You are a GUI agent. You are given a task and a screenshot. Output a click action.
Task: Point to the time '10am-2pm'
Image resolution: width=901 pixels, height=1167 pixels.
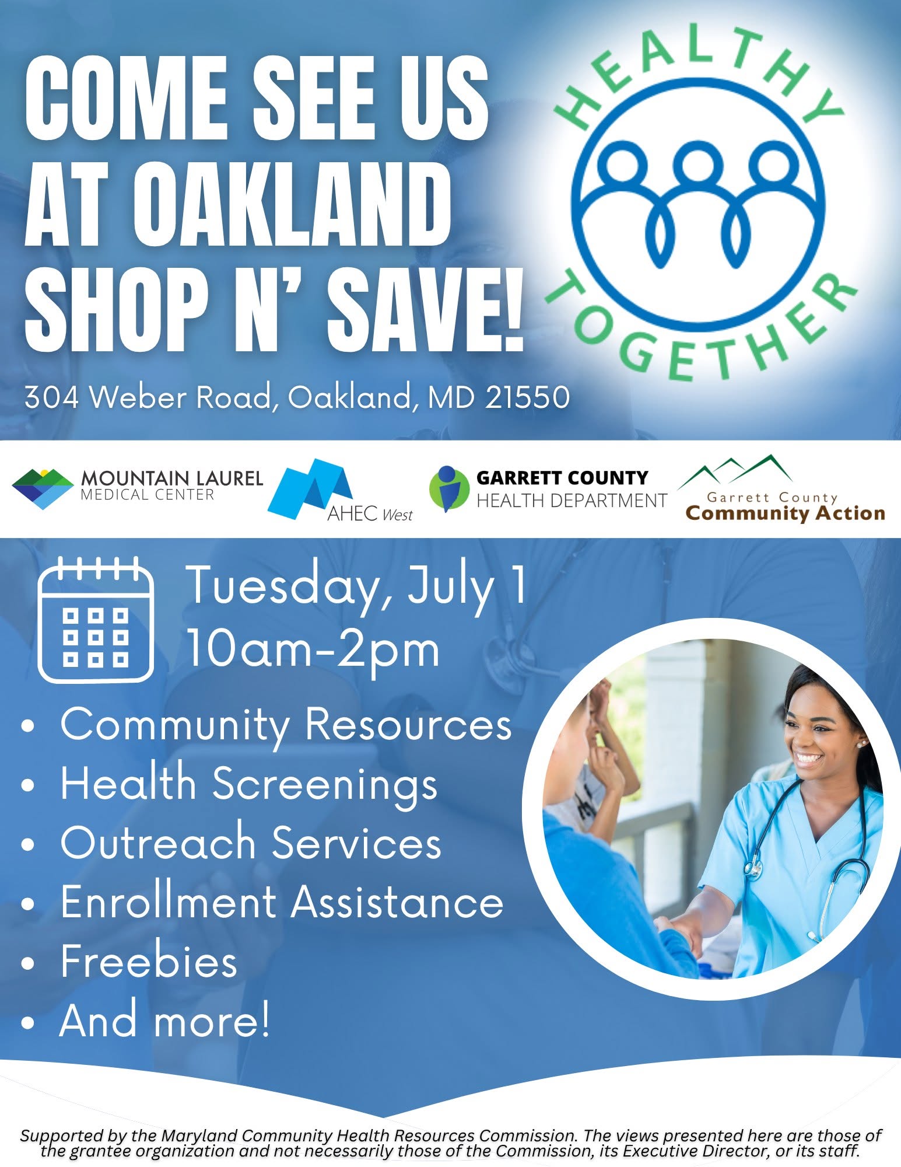313,650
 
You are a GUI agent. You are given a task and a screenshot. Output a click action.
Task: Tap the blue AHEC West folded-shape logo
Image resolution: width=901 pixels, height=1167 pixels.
310,489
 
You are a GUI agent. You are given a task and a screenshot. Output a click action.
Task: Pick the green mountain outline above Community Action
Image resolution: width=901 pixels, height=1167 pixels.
736,470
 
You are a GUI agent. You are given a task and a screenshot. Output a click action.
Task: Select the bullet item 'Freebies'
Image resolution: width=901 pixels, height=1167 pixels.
149,962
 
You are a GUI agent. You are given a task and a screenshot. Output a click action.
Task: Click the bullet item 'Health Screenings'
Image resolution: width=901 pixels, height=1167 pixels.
250,784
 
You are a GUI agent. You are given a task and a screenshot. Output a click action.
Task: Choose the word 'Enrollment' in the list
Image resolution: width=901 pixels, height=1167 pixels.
168,902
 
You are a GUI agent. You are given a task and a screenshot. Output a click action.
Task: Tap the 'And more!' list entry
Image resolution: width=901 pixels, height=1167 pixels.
165,1021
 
